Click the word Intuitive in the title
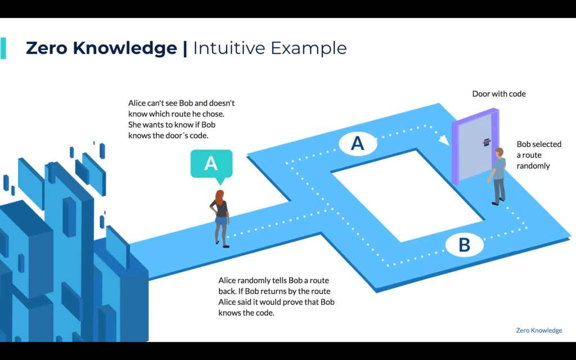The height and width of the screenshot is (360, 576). click(x=228, y=48)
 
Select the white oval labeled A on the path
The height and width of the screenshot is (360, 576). click(x=358, y=143)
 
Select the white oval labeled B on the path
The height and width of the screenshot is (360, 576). click(x=464, y=245)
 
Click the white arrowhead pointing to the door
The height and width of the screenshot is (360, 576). click(x=444, y=140)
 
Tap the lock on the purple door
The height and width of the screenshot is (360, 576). click(x=487, y=142)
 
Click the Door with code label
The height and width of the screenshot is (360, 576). click(x=499, y=94)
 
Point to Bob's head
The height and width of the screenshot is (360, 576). click(x=499, y=152)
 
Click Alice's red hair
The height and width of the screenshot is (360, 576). click(x=219, y=197)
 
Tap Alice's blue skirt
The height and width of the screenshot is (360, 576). click(x=221, y=220)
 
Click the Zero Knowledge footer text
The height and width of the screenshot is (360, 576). click(x=539, y=330)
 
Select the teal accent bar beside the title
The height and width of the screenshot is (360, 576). click(x=3, y=48)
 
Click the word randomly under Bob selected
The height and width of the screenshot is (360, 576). click(x=533, y=166)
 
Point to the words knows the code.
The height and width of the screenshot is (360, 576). click(x=246, y=313)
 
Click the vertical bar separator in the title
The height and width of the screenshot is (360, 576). click(x=184, y=48)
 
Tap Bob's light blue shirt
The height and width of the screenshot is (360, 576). click(x=499, y=168)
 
